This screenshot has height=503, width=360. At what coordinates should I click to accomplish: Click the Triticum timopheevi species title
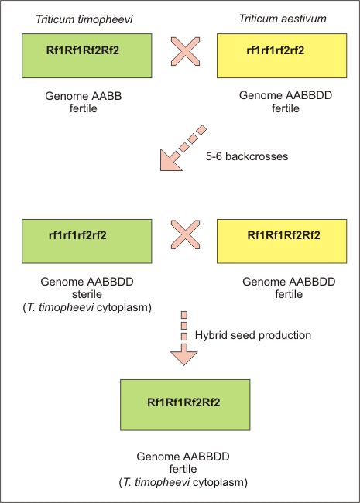tap(84, 19)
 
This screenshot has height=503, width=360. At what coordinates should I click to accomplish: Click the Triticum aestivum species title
tap(283, 19)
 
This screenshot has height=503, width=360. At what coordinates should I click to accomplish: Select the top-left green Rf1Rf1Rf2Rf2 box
tap(87, 56)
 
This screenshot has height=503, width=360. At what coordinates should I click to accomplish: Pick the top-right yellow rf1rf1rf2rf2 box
tap(282, 56)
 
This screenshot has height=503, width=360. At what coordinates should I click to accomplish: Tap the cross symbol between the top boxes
tap(185, 51)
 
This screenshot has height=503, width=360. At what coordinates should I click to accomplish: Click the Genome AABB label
tap(84, 96)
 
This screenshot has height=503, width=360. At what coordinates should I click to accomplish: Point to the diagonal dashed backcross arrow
tap(183, 148)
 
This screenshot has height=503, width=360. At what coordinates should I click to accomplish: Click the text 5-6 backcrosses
tap(247, 156)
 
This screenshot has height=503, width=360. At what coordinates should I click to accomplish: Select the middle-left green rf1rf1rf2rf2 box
tap(87, 241)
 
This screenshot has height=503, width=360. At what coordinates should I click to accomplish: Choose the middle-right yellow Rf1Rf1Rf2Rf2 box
tap(282, 241)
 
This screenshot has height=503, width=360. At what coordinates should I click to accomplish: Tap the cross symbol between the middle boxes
tap(185, 234)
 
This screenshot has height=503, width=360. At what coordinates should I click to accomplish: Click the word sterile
tap(87, 294)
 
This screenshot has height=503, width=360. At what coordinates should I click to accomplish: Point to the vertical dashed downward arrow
tap(183, 338)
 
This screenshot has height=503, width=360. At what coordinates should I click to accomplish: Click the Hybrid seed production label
tap(253, 335)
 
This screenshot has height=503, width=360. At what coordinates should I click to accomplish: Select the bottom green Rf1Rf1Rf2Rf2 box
tap(185, 405)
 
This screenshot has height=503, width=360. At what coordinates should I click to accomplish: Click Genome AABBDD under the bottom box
tap(183, 457)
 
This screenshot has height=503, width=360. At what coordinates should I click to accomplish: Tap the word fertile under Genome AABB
tap(84, 108)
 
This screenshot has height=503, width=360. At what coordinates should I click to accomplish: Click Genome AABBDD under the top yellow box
tap(286, 95)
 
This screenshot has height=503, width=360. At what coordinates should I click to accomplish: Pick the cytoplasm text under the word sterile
tap(87, 307)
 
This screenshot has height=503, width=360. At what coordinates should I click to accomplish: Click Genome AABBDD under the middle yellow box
tap(289, 282)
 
